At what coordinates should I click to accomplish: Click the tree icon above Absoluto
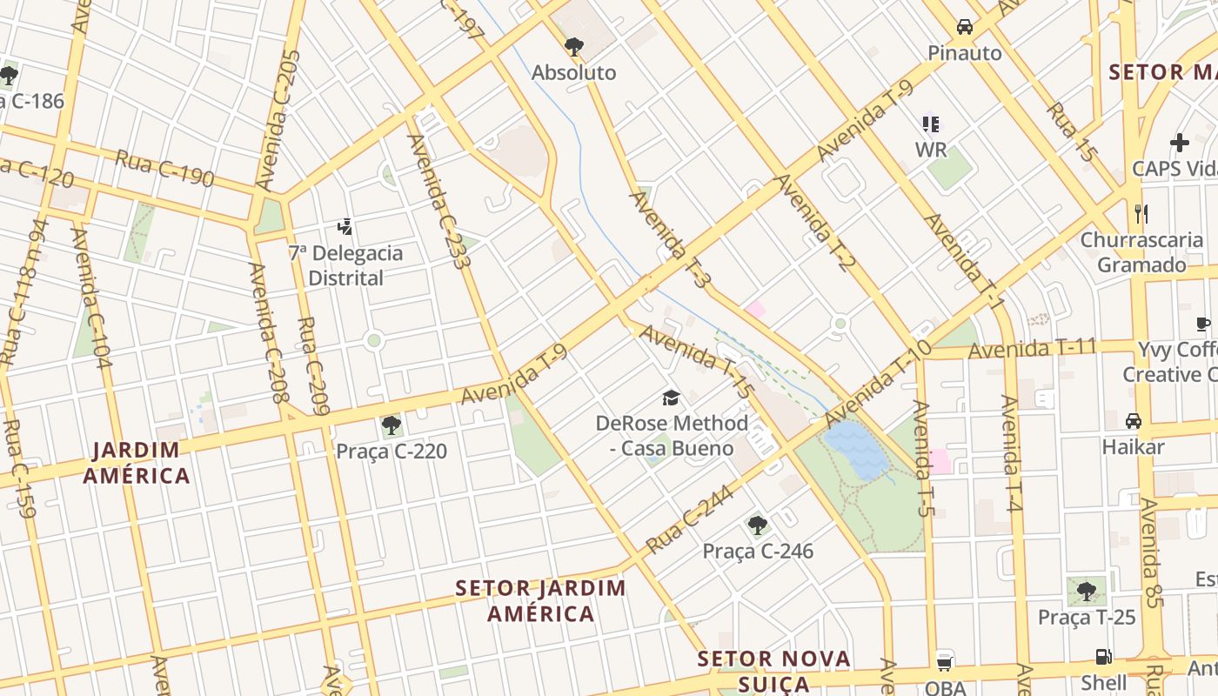coord(573,46)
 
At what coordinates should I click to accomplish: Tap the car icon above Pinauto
coord(964,27)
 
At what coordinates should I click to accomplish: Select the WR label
coord(930,150)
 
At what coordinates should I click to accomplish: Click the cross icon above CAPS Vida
coord(1179,143)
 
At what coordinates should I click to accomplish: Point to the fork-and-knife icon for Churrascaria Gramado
coord(1141,213)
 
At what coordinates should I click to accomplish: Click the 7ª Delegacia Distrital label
coord(345,265)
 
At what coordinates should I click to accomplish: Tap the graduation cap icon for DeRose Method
coord(671,398)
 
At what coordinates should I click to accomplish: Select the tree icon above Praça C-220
coord(391,425)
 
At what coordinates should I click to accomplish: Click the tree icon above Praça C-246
coord(757,525)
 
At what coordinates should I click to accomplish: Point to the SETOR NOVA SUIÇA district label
coord(773,671)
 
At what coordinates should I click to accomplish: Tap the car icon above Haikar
coord(1133,421)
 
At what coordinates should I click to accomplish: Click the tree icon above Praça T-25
coord(1086,592)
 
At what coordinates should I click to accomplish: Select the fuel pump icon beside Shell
coord(1103,657)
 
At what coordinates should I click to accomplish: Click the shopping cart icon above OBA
coord(945,661)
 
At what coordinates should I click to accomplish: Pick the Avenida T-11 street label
coord(1032,349)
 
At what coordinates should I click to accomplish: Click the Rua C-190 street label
coord(164,169)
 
